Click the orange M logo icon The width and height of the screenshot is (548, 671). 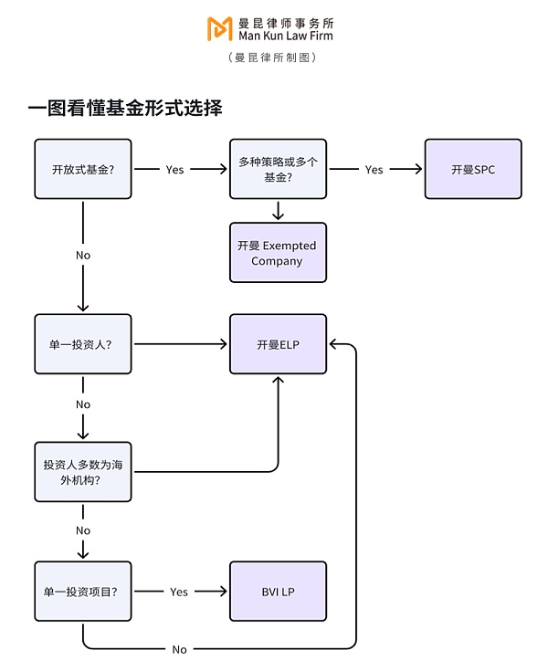click(219, 28)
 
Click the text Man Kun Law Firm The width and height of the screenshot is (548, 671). click(284, 36)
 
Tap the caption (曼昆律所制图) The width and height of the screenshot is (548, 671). click(273, 58)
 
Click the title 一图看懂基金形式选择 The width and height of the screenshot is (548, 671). click(125, 109)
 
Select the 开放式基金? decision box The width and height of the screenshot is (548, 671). click(83, 169)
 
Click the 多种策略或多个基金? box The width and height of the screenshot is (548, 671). click(278, 169)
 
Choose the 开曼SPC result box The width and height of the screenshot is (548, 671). click(472, 169)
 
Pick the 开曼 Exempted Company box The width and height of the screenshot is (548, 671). click(278, 253)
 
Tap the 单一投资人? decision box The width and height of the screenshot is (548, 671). click(83, 344)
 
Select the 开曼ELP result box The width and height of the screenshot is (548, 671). click(278, 344)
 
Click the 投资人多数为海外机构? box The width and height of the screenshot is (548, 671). click(83, 471)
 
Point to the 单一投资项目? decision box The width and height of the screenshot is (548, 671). click(83, 592)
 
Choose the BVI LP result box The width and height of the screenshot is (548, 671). click(278, 592)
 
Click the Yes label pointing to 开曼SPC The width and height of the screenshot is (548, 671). click(374, 170)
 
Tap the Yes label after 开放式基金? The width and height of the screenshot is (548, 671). click(174, 170)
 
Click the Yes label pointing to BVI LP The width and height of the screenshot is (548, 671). click(179, 592)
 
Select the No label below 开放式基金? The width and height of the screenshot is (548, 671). click(83, 256)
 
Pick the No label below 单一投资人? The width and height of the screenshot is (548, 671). click(83, 404)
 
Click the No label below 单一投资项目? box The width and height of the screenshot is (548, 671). click(179, 649)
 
